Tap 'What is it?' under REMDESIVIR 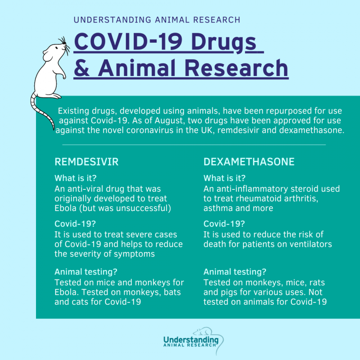(76, 178)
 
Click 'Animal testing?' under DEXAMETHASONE (235, 272)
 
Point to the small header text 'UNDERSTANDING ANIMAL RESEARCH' (157, 20)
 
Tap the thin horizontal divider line (193, 145)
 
